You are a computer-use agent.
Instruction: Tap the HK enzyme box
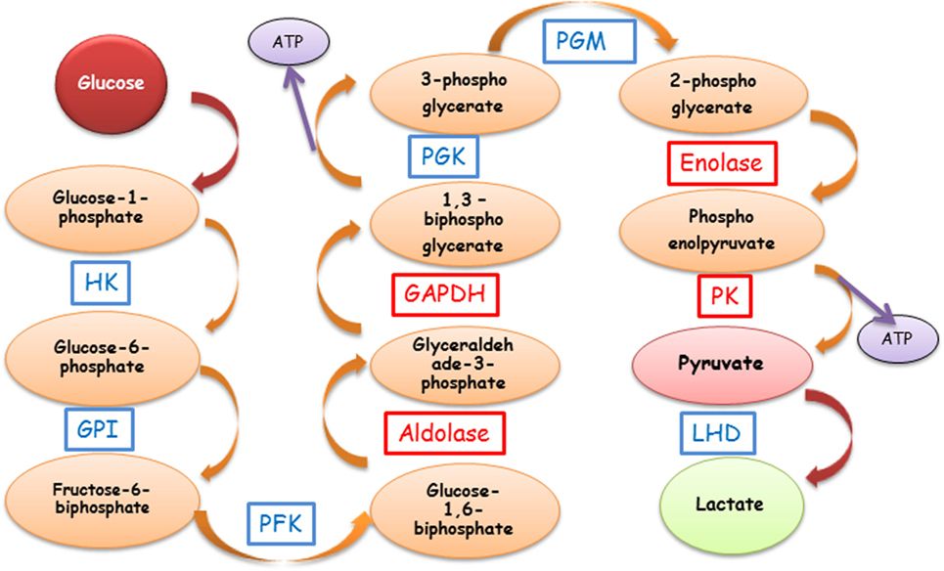[x=100, y=283]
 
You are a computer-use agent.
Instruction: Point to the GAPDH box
[x=444, y=292]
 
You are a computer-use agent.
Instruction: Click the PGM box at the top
[x=583, y=42]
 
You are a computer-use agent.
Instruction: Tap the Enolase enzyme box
[x=722, y=162]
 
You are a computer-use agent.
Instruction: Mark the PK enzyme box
[x=725, y=296]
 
